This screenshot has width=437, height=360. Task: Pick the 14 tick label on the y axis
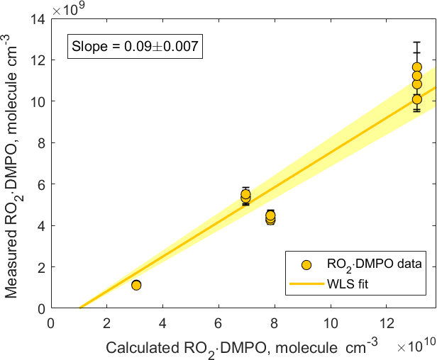point(37,18)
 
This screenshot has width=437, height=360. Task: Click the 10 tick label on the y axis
point(37,101)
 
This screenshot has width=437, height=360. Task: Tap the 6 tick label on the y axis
point(40,184)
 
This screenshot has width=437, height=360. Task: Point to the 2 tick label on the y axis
point(40,267)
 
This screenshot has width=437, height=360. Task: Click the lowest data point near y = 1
point(136,285)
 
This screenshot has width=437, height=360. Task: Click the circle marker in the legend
point(306,264)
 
